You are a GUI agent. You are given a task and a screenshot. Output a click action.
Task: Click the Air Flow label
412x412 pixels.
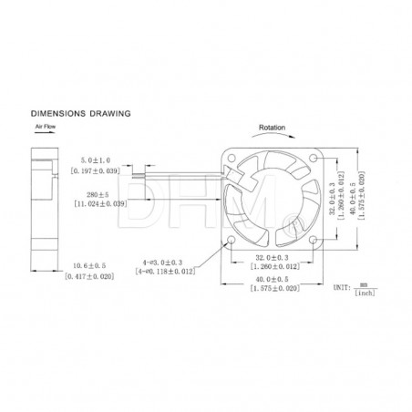pyautogui.click(x=47, y=129)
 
